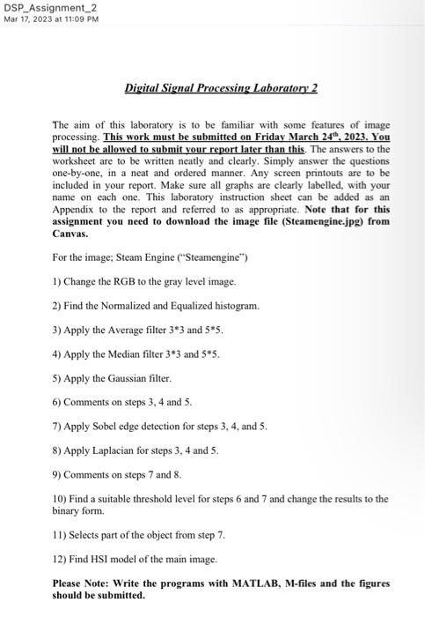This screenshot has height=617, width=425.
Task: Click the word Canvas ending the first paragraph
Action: [70, 234]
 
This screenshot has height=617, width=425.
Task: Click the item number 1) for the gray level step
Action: [57, 281]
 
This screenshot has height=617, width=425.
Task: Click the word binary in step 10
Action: [67, 510]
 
